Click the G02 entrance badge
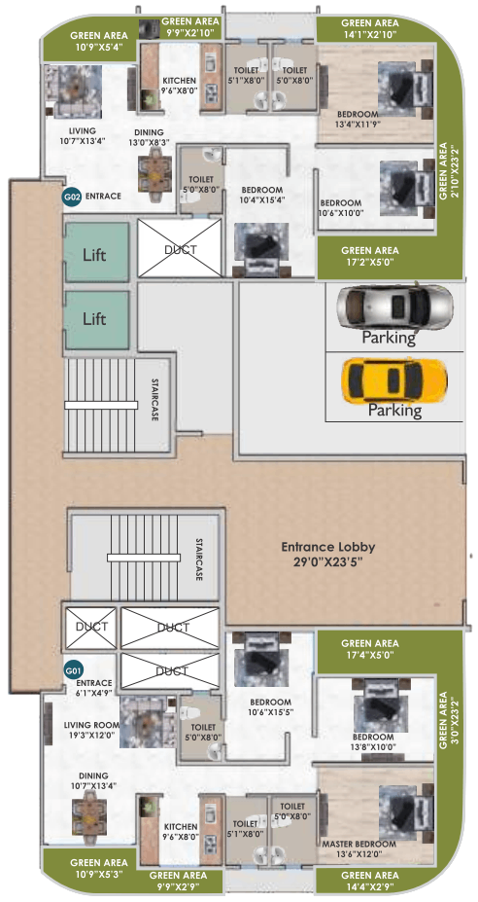click(x=72, y=197)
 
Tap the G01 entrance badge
click(x=72, y=670)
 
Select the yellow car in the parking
click(x=394, y=380)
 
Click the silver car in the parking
click(x=394, y=307)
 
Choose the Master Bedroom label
click(x=359, y=844)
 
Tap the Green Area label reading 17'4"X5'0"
click(x=370, y=649)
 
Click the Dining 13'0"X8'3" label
click(x=150, y=136)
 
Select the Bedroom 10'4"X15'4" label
click(x=262, y=195)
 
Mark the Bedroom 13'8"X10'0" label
click(x=373, y=741)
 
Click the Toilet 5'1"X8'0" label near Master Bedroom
click(x=248, y=828)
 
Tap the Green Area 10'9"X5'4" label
click(x=100, y=40)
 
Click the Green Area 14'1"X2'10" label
click(x=370, y=28)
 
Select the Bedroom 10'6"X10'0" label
click(x=341, y=207)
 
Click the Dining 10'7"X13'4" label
click(x=94, y=780)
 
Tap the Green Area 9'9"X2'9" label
click(x=178, y=880)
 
